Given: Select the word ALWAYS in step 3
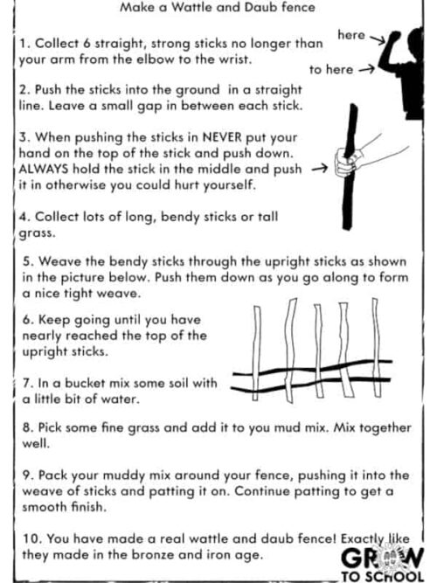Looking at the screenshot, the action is [x=44, y=170].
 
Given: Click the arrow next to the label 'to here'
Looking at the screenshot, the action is [x=367, y=69].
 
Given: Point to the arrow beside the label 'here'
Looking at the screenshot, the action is [x=378, y=39].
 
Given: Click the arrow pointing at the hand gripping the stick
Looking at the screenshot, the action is [x=320, y=170].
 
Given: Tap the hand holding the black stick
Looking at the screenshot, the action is [x=347, y=163].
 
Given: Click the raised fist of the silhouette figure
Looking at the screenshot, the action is [x=394, y=37].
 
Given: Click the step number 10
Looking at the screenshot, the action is [x=31, y=538].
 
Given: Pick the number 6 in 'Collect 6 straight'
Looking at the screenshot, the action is [x=87, y=44].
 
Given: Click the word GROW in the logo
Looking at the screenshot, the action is [x=382, y=558].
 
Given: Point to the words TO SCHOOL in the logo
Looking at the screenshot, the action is [x=383, y=576].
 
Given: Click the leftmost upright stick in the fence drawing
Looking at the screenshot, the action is [x=257, y=353].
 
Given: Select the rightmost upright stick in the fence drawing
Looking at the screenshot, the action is [x=377, y=347].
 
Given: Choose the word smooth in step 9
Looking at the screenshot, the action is [x=41, y=507].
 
